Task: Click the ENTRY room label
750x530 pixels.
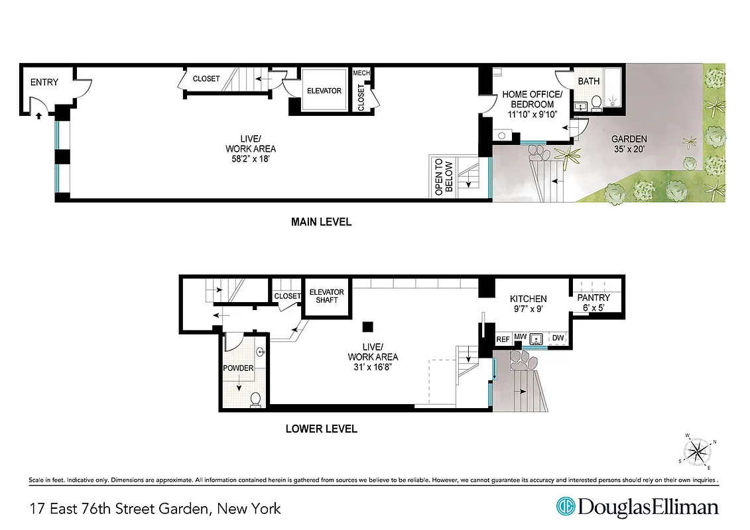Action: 44,83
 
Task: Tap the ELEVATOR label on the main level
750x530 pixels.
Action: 324,91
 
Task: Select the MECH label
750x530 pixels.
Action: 361,73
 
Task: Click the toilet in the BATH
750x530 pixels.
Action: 595,102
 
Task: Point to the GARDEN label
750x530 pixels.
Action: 629,139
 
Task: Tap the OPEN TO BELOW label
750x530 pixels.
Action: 444,177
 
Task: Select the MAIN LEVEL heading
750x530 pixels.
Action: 321,222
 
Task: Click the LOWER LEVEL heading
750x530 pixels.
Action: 321,429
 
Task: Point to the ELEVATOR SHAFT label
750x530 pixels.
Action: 327,296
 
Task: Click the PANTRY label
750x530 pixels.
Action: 594,297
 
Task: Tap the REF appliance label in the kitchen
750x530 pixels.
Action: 503,339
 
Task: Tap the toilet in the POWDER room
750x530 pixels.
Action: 255,399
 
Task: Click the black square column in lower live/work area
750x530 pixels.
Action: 368,326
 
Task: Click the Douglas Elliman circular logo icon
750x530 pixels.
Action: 565,507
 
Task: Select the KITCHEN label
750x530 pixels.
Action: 528,299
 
